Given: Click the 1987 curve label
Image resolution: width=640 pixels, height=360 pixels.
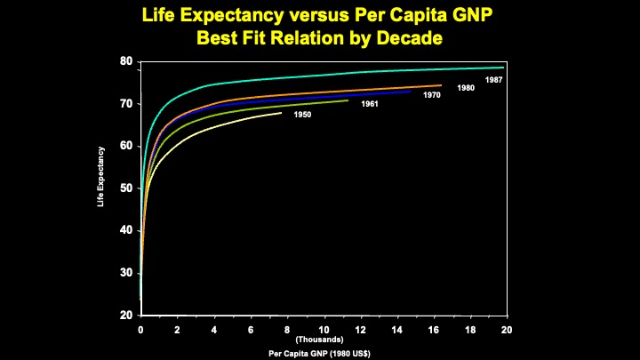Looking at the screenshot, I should click(x=493, y=80).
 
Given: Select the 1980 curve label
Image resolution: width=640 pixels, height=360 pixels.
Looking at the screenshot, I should click(x=466, y=88).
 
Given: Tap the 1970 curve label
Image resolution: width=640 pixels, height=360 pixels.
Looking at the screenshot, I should click(x=432, y=94).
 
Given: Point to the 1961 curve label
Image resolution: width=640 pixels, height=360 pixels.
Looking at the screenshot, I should click(x=371, y=105).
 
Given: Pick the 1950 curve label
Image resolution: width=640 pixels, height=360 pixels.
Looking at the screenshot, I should click(x=302, y=115).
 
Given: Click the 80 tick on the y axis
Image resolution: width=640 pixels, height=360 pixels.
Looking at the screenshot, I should click(x=127, y=61).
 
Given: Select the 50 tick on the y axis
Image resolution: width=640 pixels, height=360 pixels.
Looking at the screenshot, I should click(x=127, y=188).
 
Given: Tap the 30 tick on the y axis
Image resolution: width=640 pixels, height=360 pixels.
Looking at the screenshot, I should click(x=127, y=273).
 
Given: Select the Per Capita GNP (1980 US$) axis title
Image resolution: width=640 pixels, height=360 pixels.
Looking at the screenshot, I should click(x=319, y=353).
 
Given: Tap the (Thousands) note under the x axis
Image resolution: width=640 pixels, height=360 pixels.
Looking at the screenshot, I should click(x=319, y=339).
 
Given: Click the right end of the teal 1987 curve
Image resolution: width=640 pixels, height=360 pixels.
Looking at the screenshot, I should click(x=503, y=68).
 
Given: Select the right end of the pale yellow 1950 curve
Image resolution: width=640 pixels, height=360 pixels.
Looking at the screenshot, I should click(x=281, y=113).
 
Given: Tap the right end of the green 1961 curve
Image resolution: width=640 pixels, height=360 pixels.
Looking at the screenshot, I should click(x=348, y=100).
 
